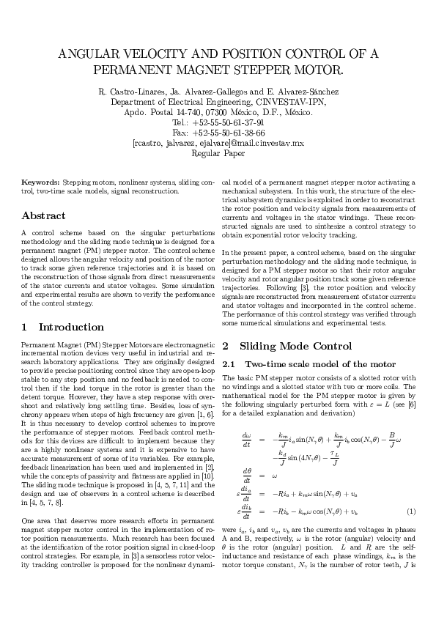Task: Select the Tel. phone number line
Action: coord(218,123)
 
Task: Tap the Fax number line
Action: coord(218,133)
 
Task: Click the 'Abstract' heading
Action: coord(44,216)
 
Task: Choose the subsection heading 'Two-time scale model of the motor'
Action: coord(320,364)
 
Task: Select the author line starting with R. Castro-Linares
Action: coord(218,92)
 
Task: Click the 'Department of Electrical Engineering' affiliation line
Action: coord(218,102)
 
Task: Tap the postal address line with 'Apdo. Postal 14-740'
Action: coord(218,113)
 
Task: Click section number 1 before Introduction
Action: coord(25,327)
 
